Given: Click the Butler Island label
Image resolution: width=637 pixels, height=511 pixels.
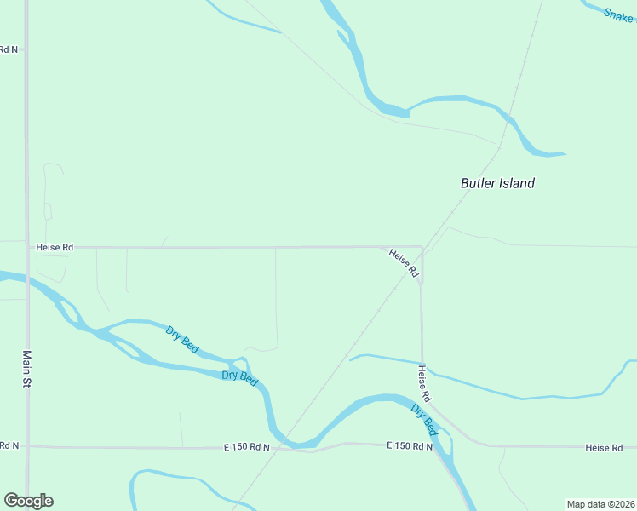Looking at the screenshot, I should (497, 183).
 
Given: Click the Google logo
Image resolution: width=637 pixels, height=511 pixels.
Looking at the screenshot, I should (28, 501).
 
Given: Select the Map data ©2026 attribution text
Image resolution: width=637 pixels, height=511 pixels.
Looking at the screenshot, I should (600, 504).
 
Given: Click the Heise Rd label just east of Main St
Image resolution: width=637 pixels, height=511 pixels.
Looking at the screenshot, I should (55, 247).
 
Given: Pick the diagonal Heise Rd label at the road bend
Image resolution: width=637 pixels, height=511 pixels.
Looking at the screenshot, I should (404, 262).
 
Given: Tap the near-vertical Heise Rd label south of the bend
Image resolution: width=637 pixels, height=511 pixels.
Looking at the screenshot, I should (423, 384).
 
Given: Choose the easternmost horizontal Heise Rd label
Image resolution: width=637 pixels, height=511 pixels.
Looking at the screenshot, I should (610, 447).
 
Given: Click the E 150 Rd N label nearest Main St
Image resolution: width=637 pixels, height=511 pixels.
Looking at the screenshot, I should (246, 447).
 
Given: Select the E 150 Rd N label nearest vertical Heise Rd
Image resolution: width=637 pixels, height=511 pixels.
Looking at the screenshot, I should (410, 445).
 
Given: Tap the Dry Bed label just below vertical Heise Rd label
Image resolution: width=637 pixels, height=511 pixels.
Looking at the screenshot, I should (424, 421).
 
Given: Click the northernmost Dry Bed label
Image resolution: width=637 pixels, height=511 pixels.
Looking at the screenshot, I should (182, 340).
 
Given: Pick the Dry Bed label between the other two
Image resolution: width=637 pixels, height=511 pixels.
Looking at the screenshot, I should (239, 378).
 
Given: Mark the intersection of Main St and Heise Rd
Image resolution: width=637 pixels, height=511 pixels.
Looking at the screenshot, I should (26, 247).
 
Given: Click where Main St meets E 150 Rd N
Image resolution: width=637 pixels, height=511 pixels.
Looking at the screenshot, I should (27, 445).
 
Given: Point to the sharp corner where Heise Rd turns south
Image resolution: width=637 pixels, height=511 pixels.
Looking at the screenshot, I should (422, 248).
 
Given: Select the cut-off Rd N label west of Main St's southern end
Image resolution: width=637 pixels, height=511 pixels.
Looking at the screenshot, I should (9, 445).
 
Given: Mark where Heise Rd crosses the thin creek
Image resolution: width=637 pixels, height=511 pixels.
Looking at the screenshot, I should (422, 365).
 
